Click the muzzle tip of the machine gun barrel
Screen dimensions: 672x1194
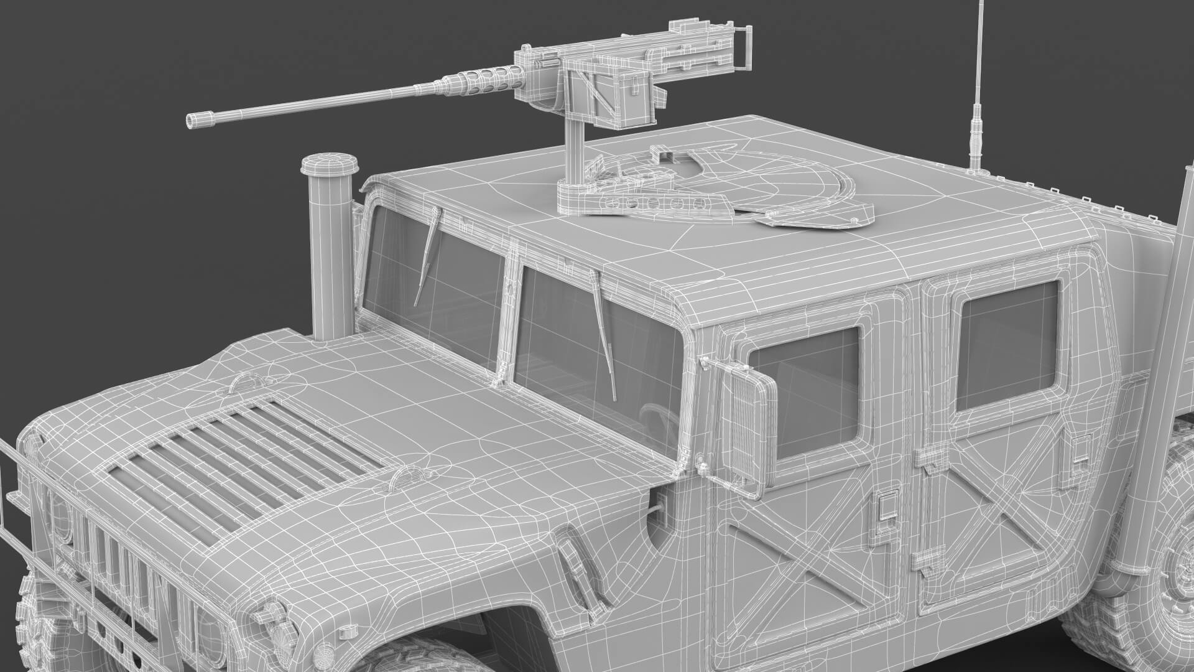pos(192,121)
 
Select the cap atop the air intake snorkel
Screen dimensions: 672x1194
pos(330,166)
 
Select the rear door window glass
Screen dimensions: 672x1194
pos(1007,345)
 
